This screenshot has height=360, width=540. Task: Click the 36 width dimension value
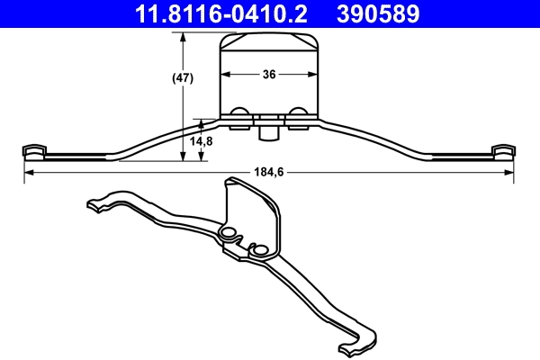[x=269, y=76]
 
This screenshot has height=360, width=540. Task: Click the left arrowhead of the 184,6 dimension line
[x=28, y=172]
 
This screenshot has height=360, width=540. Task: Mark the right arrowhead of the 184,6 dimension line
[x=510, y=172]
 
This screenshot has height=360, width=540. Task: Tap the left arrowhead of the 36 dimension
[x=225, y=76]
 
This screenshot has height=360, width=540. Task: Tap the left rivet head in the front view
[x=240, y=113]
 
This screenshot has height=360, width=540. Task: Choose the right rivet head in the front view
[x=298, y=113]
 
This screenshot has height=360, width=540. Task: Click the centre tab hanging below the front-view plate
[x=268, y=133]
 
